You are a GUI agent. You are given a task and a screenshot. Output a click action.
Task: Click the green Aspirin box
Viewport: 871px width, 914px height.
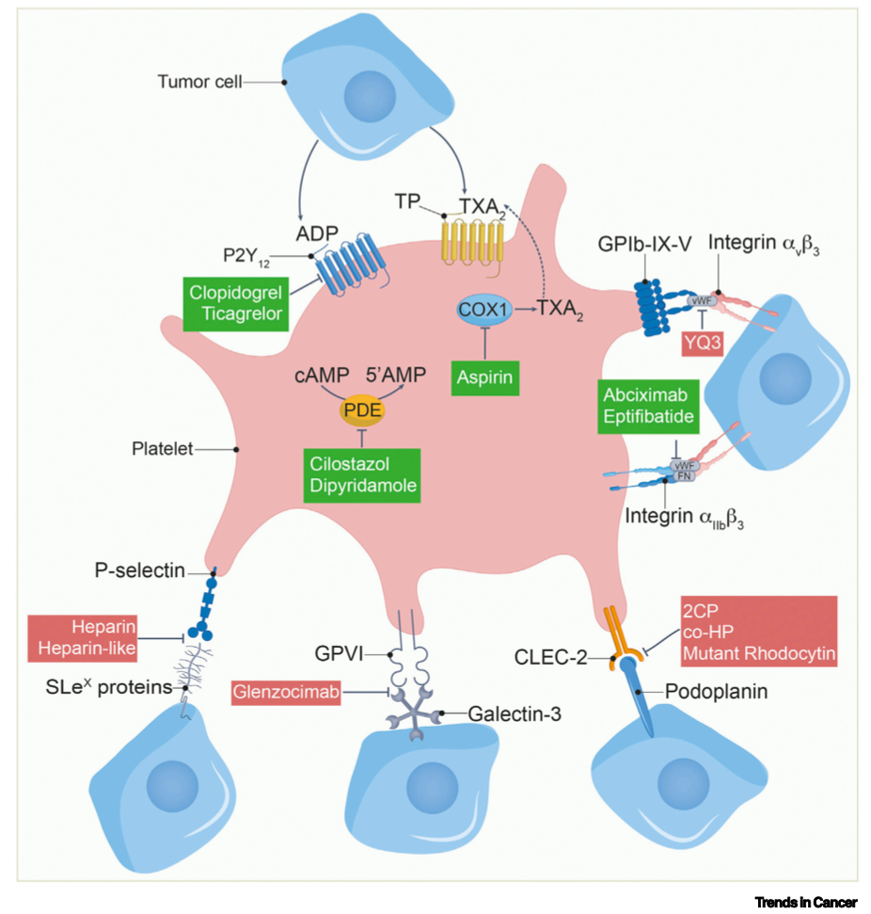[485, 376]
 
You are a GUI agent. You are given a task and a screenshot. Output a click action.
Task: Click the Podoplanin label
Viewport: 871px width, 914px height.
[717, 692]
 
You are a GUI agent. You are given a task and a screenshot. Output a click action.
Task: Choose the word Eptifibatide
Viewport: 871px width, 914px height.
[648, 416]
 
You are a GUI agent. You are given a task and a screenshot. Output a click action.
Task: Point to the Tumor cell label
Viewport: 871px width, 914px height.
[200, 83]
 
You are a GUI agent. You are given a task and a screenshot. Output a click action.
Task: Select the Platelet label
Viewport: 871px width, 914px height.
[162, 449]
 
